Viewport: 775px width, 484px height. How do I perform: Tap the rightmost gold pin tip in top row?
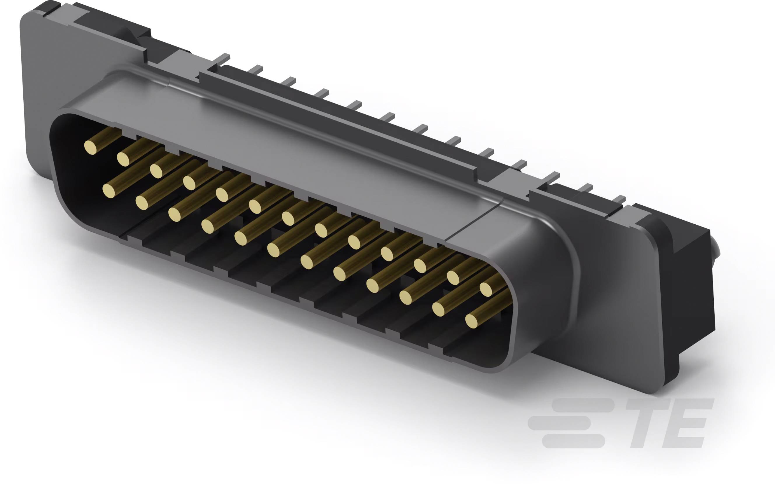[x=486, y=289]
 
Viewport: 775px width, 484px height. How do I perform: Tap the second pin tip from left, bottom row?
[x=142, y=203]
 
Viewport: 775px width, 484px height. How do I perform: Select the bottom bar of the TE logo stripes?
[x=573, y=441]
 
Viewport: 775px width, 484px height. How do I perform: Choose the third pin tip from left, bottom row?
[x=175, y=214]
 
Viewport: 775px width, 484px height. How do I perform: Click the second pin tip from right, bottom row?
[x=439, y=309]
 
